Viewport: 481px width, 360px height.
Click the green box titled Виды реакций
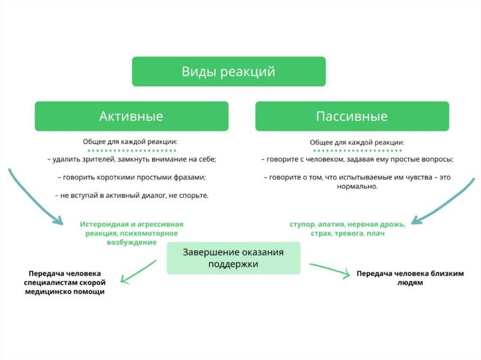point(229,72)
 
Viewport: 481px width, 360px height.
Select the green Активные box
point(132,116)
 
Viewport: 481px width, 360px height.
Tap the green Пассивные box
point(352,116)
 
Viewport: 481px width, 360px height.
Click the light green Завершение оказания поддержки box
point(233,258)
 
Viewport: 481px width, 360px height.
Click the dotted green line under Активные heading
point(132,151)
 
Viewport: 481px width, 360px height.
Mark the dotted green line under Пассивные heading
point(357,151)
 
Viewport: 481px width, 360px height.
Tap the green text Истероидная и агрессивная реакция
point(132,229)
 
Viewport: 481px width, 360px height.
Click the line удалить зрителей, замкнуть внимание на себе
point(132,160)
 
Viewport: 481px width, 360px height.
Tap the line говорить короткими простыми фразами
point(132,177)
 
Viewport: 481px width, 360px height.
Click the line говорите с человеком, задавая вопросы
point(357,160)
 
